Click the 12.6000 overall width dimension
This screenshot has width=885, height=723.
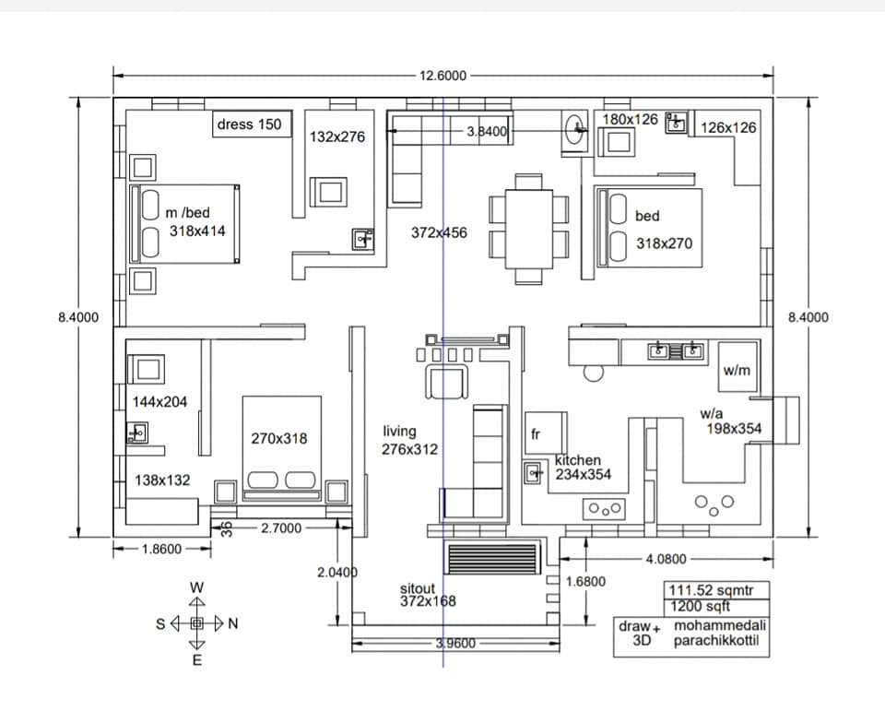(x=442, y=77)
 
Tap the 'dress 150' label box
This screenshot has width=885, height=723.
(x=249, y=124)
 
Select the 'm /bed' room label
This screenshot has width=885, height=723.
(x=188, y=213)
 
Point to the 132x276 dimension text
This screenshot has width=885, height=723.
(x=336, y=136)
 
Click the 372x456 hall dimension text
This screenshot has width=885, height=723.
(x=439, y=233)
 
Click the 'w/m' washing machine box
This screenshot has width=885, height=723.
(x=737, y=371)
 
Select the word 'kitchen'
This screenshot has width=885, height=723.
(x=578, y=460)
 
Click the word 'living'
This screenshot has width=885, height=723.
(x=399, y=431)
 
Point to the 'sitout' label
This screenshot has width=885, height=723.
(x=418, y=588)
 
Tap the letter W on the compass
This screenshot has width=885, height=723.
(x=196, y=587)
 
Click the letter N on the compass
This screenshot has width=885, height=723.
(x=233, y=623)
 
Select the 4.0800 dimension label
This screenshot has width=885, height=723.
(x=665, y=559)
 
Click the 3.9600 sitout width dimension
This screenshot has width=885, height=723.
(x=455, y=644)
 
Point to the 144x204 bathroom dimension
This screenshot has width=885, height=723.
(x=159, y=402)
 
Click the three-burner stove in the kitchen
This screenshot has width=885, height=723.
(x=605, y=509)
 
